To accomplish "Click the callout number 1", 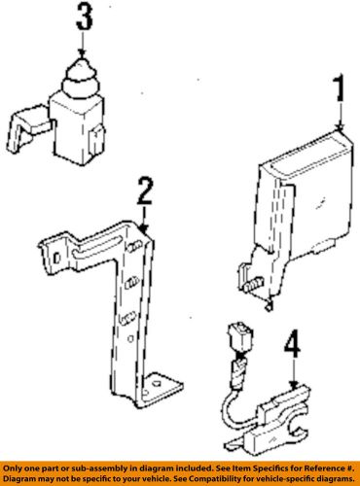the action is coord(340,87).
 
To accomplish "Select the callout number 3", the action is coord(85,17).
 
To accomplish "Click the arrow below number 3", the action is coord(82,45).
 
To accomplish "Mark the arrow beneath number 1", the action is coord(341,116).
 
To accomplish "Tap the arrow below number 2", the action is coord(144,220).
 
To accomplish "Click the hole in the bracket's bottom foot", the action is coord(157,384).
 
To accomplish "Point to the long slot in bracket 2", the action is coord(96,247).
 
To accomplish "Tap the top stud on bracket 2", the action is coord(134,248).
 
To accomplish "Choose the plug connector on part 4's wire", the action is coord(240,336).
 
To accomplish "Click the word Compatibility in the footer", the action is coord(226,479).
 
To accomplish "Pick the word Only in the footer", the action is coord(12,469).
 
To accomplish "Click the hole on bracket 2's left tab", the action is coord(56,259).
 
